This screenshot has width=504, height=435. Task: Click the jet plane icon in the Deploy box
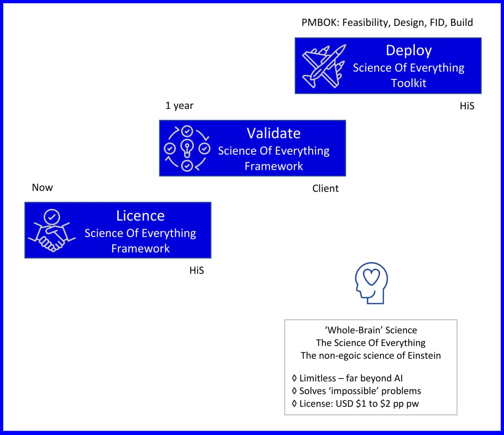323,66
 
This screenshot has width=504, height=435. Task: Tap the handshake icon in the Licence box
51,231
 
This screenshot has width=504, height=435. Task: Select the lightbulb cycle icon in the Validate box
187,149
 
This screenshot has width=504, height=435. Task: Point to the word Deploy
408,51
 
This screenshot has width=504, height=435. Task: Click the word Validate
274,133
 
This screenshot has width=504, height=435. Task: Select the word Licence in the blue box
140,216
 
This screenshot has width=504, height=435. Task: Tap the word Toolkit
408,83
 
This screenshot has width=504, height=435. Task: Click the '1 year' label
179,106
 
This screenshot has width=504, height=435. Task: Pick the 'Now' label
43,188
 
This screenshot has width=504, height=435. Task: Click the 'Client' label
325,188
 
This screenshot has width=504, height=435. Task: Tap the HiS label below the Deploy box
467,106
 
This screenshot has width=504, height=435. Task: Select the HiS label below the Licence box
197,271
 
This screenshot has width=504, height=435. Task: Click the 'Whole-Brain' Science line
371,330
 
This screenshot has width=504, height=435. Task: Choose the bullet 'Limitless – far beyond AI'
348,378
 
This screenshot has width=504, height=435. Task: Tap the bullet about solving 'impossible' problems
356,391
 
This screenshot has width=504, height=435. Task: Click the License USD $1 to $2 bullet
356,404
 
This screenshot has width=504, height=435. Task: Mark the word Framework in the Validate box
274,166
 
